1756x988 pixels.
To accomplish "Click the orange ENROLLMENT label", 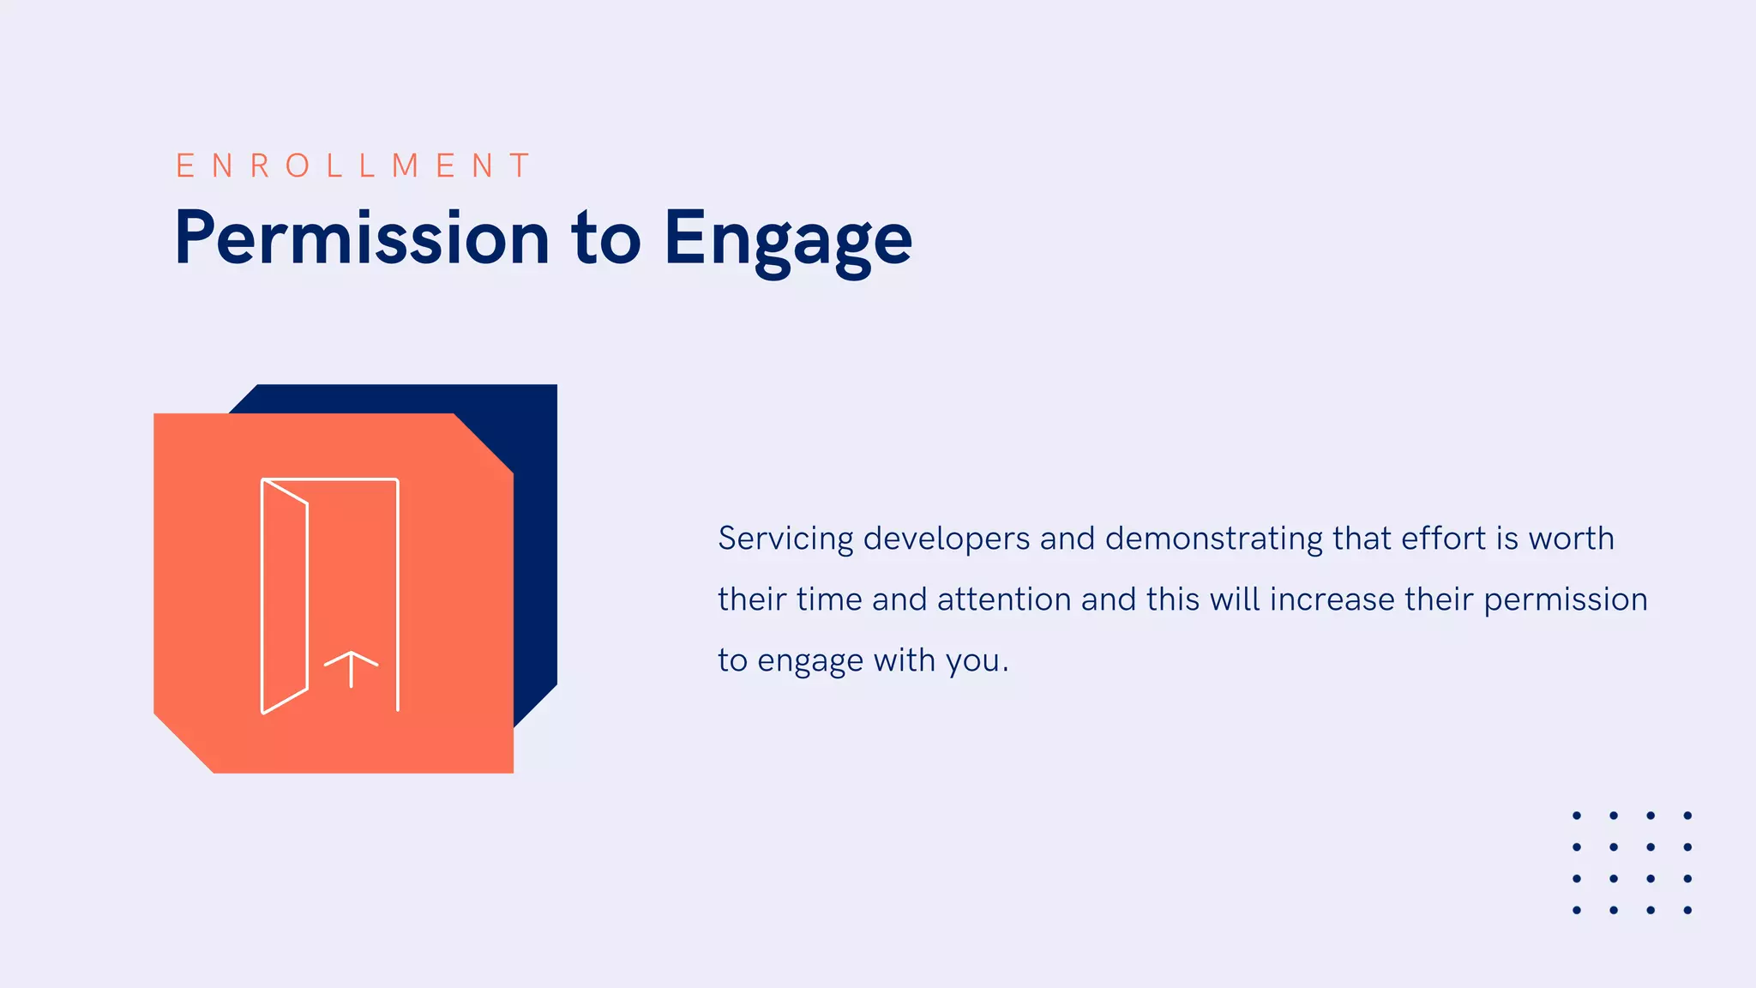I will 353,166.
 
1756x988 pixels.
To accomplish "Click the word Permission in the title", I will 361,238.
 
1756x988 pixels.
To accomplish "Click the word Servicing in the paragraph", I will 785,539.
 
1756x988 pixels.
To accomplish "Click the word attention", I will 1003,599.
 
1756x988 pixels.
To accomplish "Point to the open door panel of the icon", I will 284,597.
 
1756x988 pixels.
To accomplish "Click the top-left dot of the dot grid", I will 1576,816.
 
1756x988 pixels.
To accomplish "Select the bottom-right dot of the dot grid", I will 1687,910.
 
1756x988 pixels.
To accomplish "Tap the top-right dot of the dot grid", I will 1687,816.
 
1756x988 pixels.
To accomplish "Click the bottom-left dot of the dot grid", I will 1576,910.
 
